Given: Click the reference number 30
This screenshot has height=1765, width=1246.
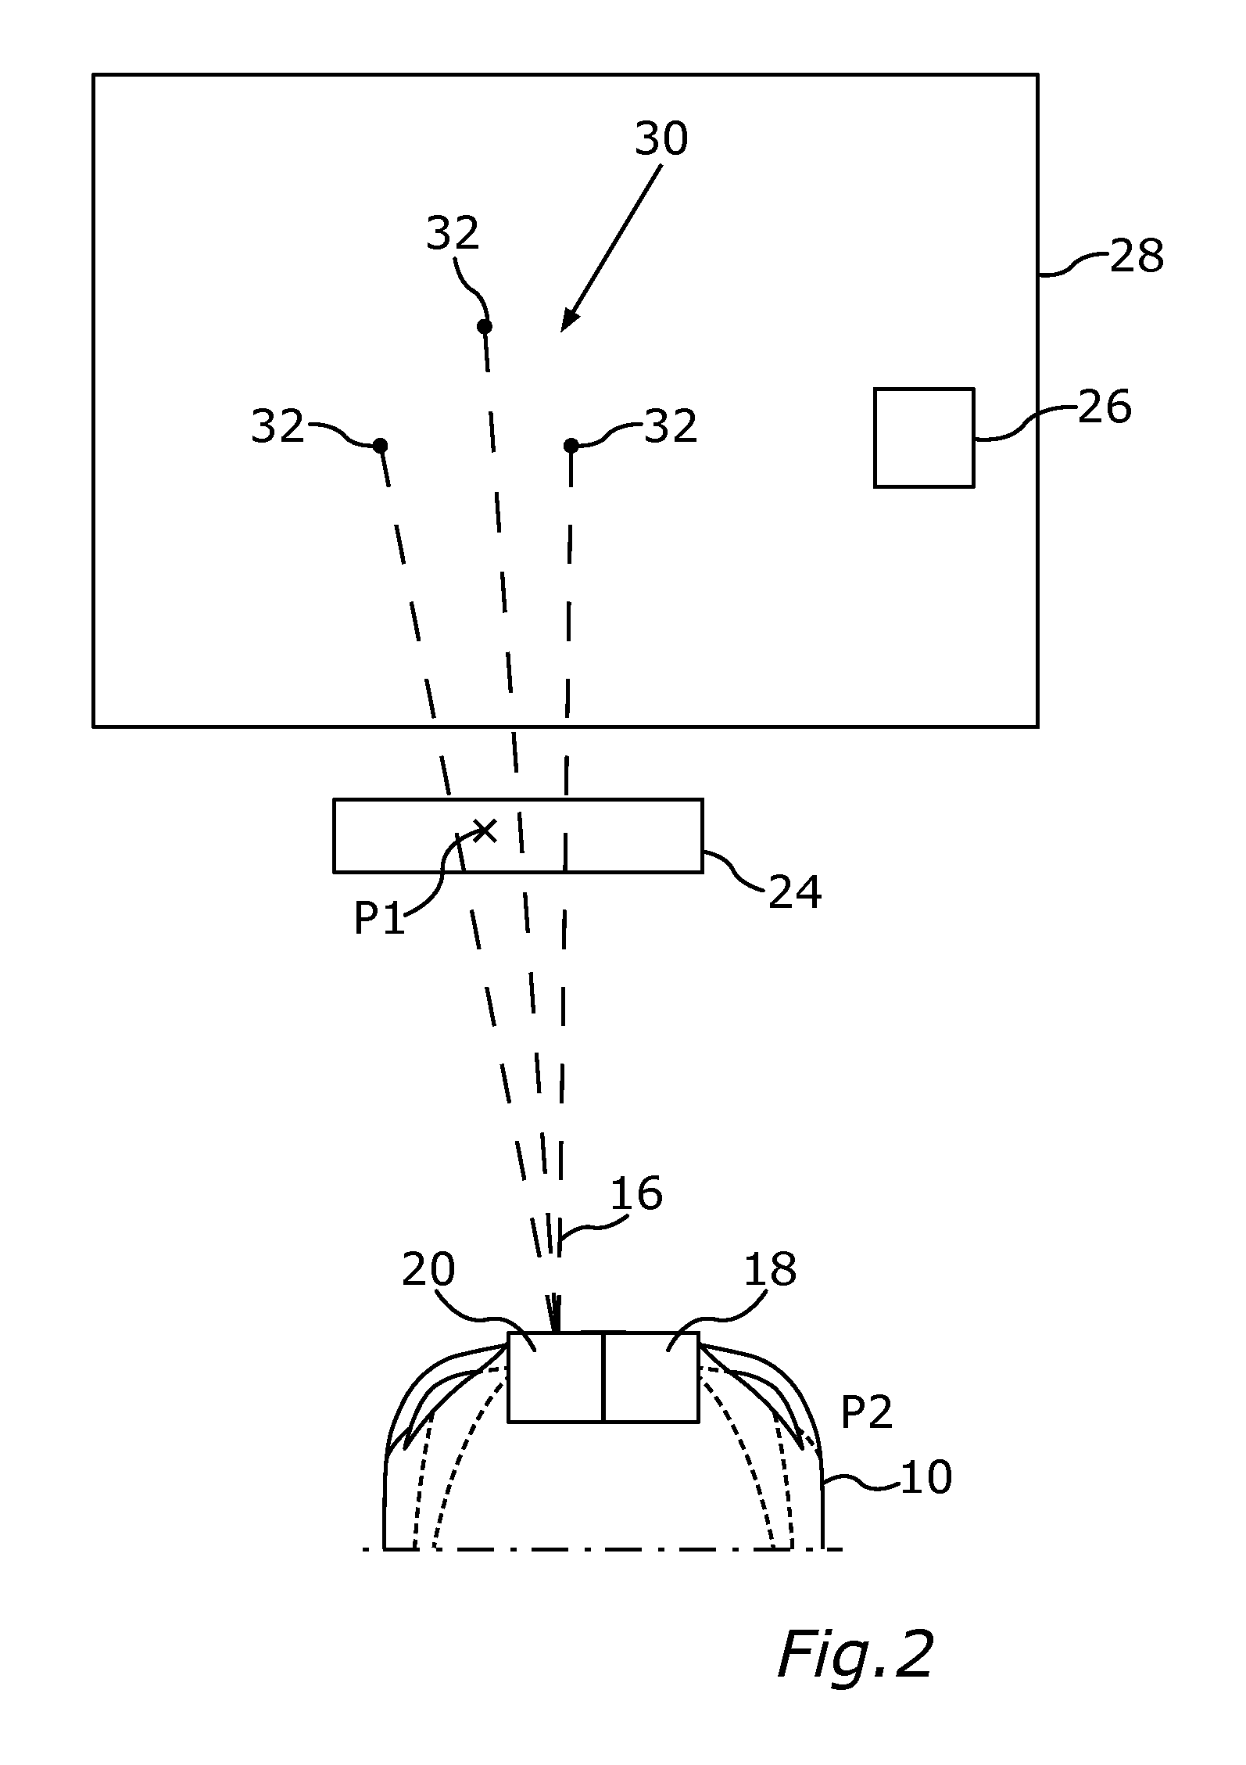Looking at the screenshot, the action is click(x=661, y=139).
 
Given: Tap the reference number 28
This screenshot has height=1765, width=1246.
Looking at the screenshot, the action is click(x=1137, y=256).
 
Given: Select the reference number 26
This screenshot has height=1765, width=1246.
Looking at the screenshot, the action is click(x=1105, y=407).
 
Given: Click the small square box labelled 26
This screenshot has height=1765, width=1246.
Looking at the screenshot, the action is click(x=923, y=437).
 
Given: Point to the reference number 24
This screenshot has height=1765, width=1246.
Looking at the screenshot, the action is click(x=795, y=891).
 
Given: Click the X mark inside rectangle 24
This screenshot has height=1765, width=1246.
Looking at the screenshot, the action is click(x=485, y=830).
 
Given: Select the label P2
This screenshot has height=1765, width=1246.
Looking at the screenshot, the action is click(x=866, y=1413).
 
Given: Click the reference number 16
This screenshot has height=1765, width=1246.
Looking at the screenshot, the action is click(x=636, y=1194).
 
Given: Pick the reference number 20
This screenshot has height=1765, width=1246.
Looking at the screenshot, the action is click(x=428, y=1270).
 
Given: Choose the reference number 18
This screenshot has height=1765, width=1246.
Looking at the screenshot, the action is click(x=770, y=1269).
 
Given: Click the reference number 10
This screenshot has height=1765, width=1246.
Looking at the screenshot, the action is click(x=926, y=1477).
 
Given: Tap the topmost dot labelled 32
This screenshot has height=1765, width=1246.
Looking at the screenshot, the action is click(x=485, y=326).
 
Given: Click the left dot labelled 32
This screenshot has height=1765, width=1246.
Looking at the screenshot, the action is click(x=380, y=446).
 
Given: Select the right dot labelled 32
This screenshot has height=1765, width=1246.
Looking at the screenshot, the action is click(x=571, y=446).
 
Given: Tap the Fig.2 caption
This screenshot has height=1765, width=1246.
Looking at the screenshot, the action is click(x=855, y=1655).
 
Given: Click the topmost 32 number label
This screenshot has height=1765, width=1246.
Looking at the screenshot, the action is click(x=453, y=233).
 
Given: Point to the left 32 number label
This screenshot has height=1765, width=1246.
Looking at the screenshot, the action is click(x=277, y=427).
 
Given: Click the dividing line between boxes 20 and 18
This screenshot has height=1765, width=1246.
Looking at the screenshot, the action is click(x=603, y=1377).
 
